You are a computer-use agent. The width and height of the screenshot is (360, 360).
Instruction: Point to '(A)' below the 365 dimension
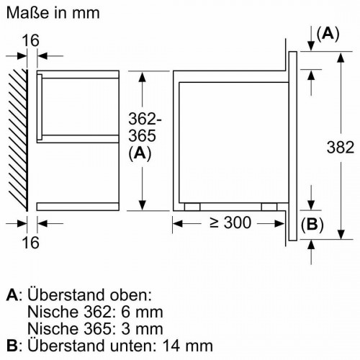pos(140,153)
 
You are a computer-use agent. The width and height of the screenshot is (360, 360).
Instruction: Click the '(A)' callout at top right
pos(328,33)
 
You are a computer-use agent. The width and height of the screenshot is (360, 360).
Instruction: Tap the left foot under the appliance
pos(192,206)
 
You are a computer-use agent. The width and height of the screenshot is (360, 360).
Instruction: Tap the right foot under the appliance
pos(268,206)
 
